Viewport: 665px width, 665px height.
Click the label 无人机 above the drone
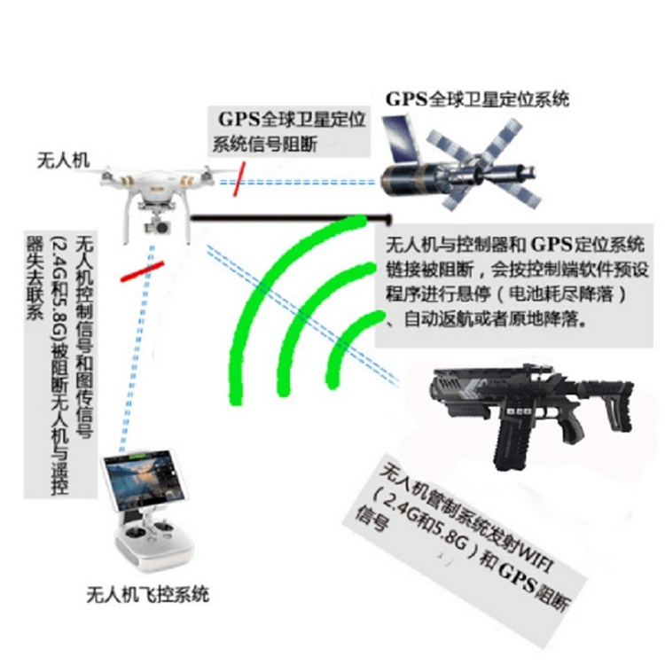pos(64,160)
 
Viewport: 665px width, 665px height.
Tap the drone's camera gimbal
pos(158,226)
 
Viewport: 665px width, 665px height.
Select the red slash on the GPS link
pos(239,178)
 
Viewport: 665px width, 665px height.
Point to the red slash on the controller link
pos(142,271)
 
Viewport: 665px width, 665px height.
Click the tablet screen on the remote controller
pos(145,481)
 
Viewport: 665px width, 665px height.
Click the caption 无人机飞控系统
pos(147,594)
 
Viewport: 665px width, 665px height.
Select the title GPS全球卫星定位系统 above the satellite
pos(477,99)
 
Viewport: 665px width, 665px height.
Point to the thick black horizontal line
pos(291,218)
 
